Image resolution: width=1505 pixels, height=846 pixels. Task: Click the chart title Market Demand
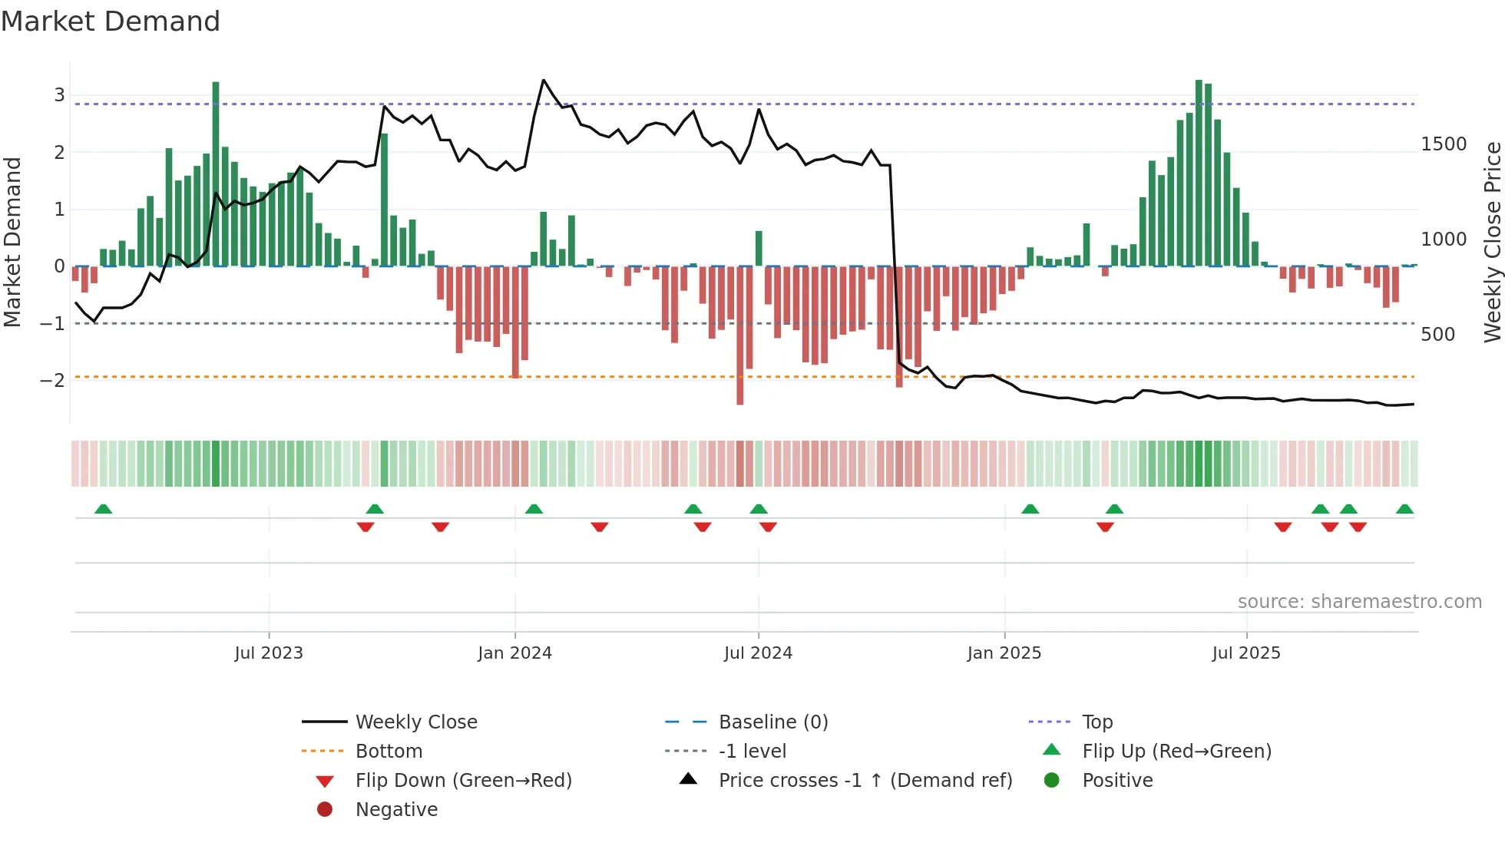click(x=111, y=21)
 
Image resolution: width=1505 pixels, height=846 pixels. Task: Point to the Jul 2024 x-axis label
click(x=758, y=653)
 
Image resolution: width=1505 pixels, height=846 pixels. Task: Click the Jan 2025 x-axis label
click(x=1004, y=653)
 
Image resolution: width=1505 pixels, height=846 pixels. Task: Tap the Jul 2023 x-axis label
click(x=269, y=653)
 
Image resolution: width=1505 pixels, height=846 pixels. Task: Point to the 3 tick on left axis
click(x=59, y=95)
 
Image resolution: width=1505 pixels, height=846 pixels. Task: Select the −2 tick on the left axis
click(x=52, y=380)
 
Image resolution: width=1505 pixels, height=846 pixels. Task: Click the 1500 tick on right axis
click(x=1444, y=144)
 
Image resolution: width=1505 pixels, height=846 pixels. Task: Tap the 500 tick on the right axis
click(x=1437, y=335)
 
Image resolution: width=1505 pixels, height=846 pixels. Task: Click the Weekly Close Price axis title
click(x=1492, y=242)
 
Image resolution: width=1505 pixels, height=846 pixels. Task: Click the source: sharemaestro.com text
click(x=1359, y=601)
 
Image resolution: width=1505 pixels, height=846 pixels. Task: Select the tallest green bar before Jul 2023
click(x=216, y=173)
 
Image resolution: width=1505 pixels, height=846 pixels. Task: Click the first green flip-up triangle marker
click(x=103, y=508)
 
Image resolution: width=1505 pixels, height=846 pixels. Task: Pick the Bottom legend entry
click(x=389, y=751)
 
